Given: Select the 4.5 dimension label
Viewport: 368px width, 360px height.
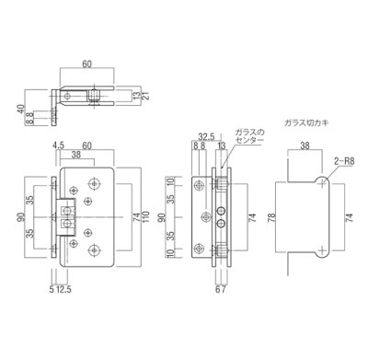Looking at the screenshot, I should (x=57, y=144).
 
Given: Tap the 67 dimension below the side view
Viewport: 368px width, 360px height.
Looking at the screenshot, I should (x=219, y=293).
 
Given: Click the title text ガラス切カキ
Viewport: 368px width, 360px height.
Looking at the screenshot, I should (x=307, y=122).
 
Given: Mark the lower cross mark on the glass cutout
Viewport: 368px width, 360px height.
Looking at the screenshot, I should (x=319, y=250).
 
